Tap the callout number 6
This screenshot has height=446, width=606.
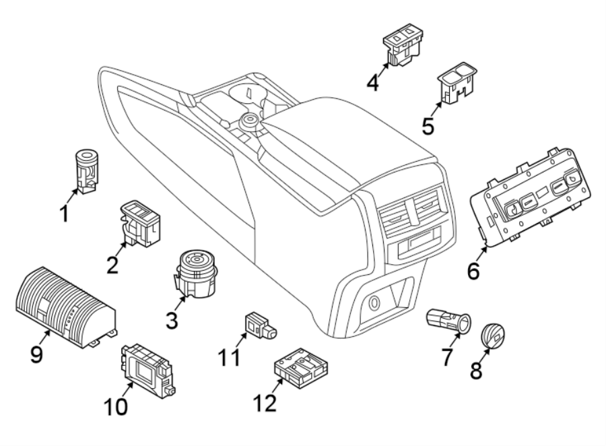click(x=473, y=272)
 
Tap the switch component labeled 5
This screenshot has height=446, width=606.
click(x=457, y=80)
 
